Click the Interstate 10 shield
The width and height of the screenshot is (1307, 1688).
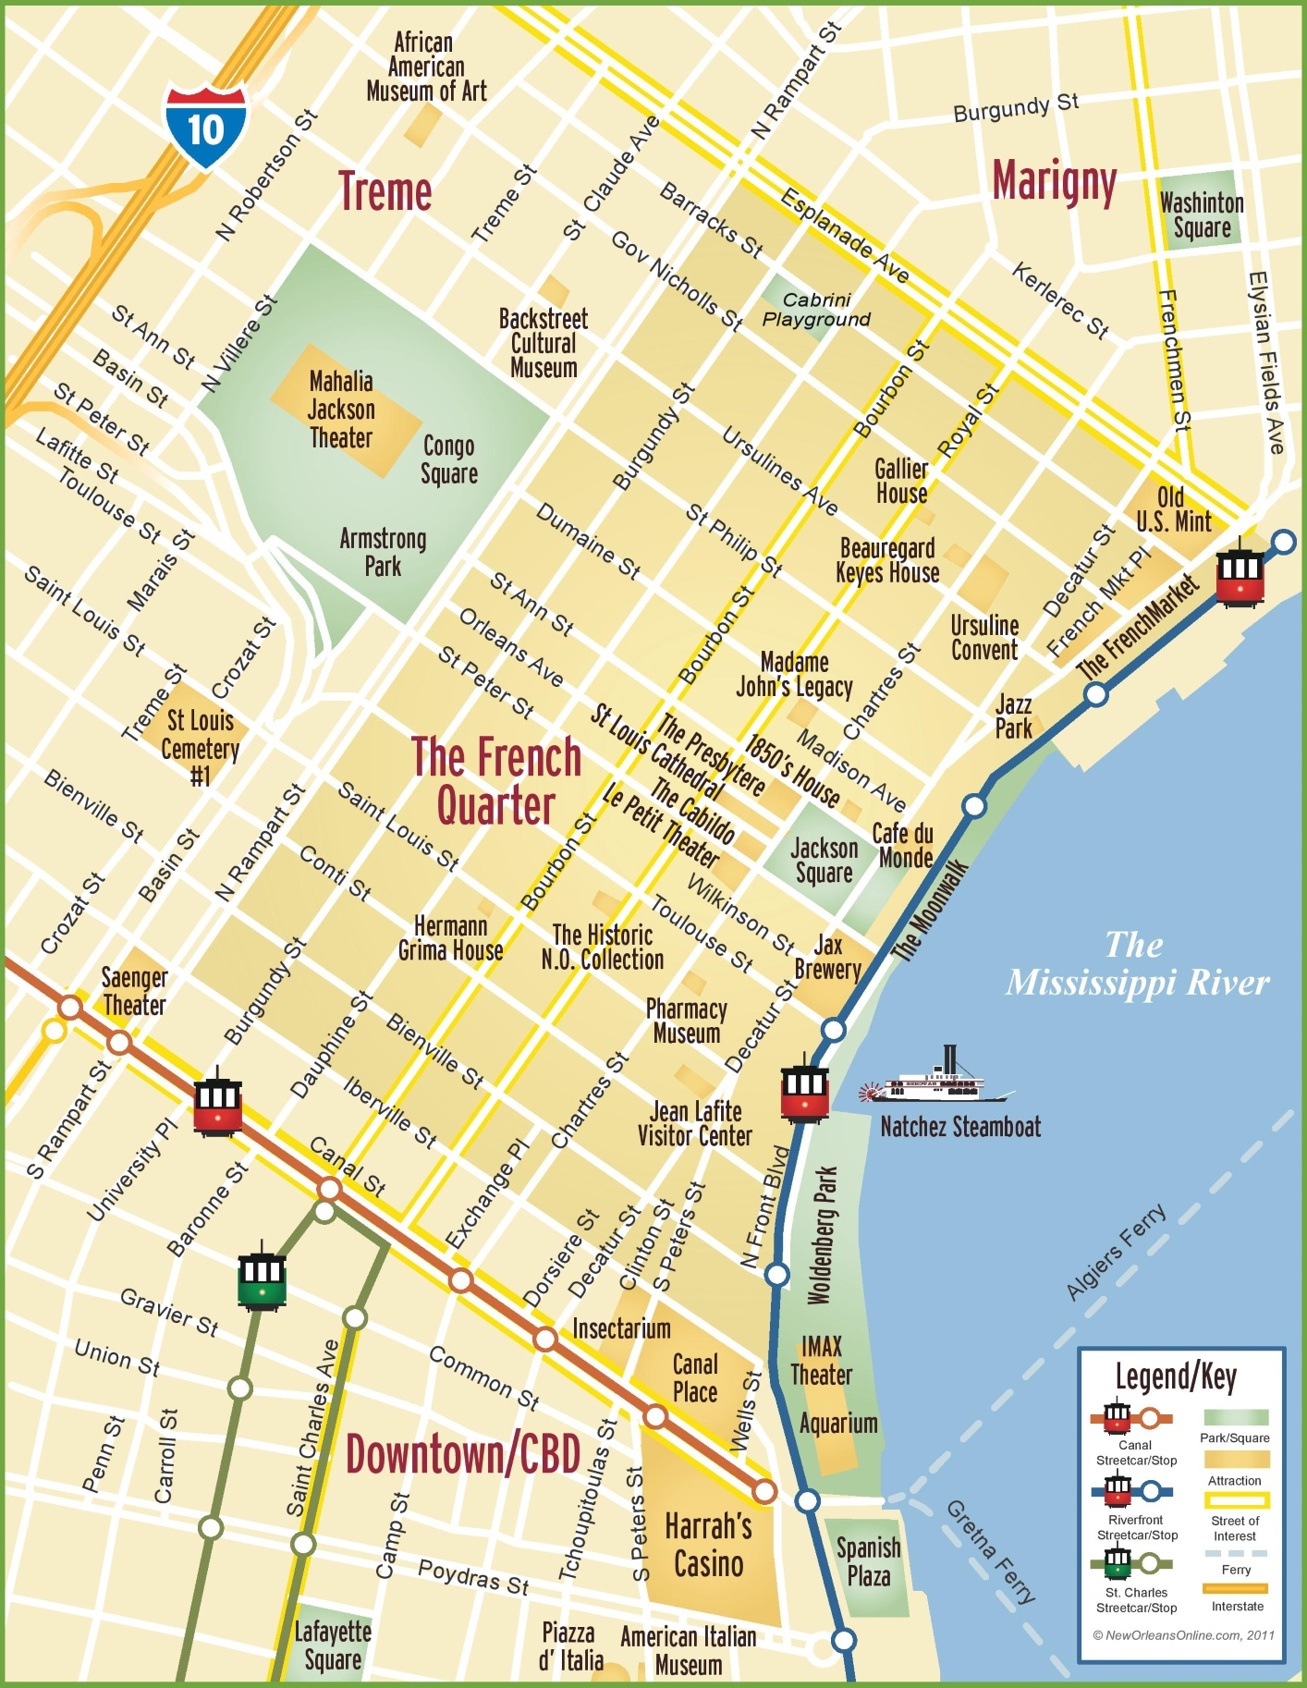click(206, 128)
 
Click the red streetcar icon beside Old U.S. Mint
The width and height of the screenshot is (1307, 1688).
click(1240, 577)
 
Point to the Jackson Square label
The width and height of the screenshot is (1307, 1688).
click(824, 861)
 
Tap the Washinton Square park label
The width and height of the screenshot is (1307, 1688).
click(1202, 214)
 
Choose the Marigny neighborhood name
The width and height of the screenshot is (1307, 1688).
click(1054, 181)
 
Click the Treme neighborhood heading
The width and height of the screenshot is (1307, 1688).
click(385, 192)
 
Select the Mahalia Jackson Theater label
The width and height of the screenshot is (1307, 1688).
click(341, 410)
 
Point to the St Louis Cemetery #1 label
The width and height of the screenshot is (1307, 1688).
click(200, 748)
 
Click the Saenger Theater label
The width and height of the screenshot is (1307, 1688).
click(134, 991)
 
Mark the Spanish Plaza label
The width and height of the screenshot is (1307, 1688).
click(868, 1561)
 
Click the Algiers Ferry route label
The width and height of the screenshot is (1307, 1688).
click(1117, 1252)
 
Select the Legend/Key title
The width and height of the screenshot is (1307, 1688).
click(1176, 1377)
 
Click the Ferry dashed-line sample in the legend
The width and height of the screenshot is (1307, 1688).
click(1236, 1554)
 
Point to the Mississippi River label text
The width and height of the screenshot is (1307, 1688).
click(1137, 964)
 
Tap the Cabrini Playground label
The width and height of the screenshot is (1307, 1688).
click(816, 310)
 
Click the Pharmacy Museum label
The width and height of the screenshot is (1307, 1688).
click(686, 1021)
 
